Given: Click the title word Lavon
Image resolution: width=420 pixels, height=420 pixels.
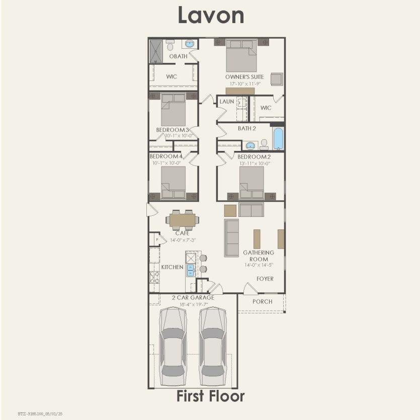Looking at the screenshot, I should pyautogui.click(x=210, y=16).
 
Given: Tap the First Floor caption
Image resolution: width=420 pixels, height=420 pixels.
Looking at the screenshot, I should pyautogui.click(x=210, y=396).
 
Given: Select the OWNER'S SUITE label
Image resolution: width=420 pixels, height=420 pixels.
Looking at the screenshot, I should pyautogui.click(x=244, y=77).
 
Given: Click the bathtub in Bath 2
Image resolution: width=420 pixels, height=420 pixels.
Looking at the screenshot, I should pyautogui.click(x=278, y=138).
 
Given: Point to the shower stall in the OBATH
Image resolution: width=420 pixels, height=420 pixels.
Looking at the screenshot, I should pyautogui.click(x=155, y=51).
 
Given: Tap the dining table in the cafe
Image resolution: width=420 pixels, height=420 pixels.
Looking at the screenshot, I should pyautogui.click(x=182, y=220).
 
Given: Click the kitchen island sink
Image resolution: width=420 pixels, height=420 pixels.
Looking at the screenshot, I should pyautogui.click(x=191, y=271).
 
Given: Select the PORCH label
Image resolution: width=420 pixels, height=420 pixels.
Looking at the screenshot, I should pyautogui.click(x=262, y=302).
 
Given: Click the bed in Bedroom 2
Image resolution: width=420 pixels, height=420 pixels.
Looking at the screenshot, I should pyautogui.click(x=251, y=183).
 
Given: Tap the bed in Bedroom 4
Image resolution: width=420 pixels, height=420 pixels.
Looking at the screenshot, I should pyautogui.click(x=173, y=183).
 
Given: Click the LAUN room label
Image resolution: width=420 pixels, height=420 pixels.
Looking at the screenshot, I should pyautogui.click(x=227, y=102).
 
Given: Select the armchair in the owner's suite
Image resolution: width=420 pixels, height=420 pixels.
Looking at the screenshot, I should pyautogui.click(x=277, y=79).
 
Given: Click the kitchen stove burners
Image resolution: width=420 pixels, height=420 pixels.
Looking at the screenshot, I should pyautogui.click(x=154, y=277).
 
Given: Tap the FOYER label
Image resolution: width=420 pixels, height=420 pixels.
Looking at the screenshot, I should pyautogui.click(x=265, y=279).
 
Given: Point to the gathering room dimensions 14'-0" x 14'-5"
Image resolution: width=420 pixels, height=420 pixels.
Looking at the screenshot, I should pyautogui.click(x=259, y=265).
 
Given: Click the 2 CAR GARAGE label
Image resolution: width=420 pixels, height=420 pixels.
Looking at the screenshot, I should pyautogui.click(x=193, y=298).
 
